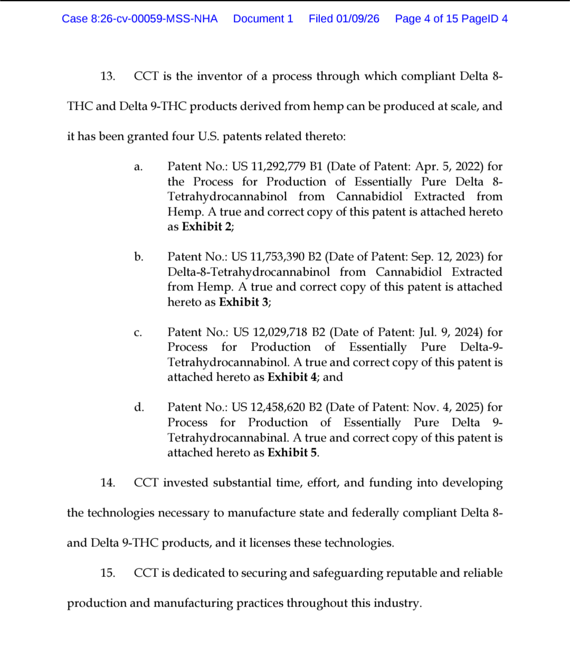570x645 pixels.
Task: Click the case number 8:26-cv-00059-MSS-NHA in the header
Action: click(x=154, y=19)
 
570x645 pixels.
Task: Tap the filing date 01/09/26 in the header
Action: click(x=358, y=19)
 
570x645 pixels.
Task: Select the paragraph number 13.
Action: click(x=108, y=76)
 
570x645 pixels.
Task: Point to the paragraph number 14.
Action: click(x=108, y=483)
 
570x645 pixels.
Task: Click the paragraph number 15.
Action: click(x=108, y=573)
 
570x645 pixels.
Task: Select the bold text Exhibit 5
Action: click(x=292, y=453)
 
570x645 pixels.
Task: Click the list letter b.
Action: click(x=138, y=257)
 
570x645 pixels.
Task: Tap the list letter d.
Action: click(x=139, y=407)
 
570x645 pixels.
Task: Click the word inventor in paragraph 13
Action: click(x=218, y=76)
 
